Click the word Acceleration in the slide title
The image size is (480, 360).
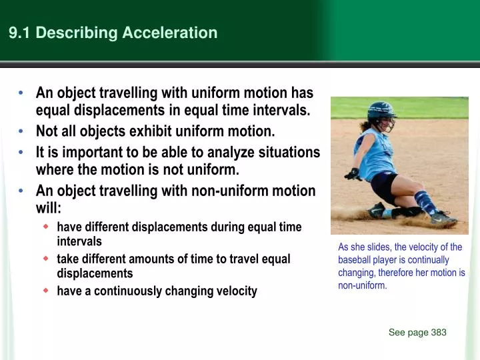point(170,33)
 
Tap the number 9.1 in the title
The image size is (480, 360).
point(19,33)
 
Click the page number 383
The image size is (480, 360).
point(439,332)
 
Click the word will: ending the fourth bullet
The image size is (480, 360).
point(49,208)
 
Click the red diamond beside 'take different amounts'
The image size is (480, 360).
point(46,259)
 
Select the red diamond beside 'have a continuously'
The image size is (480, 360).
point(46,290)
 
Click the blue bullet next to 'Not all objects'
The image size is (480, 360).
point(21,131)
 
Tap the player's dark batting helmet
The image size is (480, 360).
point(381,111)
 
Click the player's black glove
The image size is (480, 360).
point(353,174)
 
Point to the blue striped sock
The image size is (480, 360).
point(426,202)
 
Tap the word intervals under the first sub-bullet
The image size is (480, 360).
point(79,241)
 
